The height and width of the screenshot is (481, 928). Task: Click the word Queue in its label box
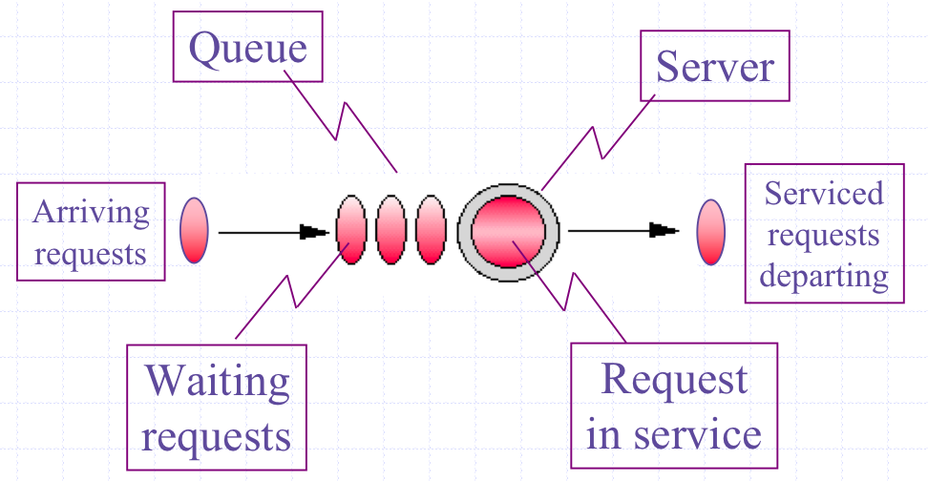click(x=247, y=49)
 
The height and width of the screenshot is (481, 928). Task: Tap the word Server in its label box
click(x=715, y=66)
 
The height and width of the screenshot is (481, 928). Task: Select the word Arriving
click(x=91, y=213)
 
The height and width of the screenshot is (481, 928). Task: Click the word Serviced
click(x=824, y=194)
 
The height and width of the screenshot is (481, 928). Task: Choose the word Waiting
click(x=218, y=382)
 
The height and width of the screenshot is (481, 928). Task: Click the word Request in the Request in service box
click(x=674, y=379)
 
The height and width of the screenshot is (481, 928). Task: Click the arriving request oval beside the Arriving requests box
click(x=194, y=230)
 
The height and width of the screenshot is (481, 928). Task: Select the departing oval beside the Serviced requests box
click(x=710, y=232)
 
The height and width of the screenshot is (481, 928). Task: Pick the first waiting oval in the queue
click(x=351, y=230)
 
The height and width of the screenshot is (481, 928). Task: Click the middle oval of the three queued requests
click(x=391, y=230)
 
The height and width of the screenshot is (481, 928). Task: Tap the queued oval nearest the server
click(x=431, y=230)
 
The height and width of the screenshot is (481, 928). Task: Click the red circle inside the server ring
click(x=508, y=232)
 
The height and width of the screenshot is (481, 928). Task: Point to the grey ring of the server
click(x=465, y=232)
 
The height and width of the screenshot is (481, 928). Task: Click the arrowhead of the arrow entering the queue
click(x=314, y=232)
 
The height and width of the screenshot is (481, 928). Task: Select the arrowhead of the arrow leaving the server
click(x=664, y=230)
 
